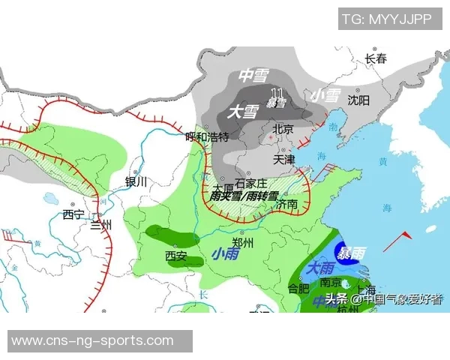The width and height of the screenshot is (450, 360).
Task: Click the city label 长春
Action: click(376, 58)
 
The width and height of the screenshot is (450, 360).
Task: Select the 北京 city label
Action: click(283, 129)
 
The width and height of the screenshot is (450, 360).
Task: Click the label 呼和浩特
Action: click(206, 136)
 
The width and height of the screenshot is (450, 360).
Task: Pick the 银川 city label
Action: click(136, 181)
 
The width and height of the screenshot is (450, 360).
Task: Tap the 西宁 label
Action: click(73, 214)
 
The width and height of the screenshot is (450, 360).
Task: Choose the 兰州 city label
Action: click(100, 225)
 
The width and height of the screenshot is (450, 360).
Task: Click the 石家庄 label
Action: click(251, 183)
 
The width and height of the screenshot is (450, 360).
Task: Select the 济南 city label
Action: click(286, 204)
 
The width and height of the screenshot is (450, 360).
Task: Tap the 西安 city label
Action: click(175, 256)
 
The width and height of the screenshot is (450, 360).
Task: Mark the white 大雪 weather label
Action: click(243, 112)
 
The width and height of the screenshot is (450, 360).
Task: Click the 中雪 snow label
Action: click(253, 75)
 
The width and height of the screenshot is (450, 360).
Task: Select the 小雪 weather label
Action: click(325, 94)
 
